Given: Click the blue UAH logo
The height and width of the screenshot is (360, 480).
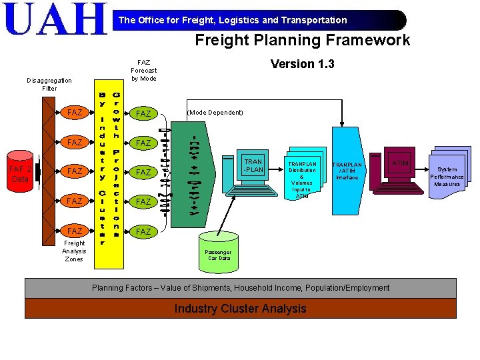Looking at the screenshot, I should pos(55,19).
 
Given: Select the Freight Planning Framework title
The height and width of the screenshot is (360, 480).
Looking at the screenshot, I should pos(302,40).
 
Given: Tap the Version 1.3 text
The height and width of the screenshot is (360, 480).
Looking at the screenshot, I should pos(302,64).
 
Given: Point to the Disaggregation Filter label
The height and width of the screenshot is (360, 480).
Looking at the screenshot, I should pos(49,84).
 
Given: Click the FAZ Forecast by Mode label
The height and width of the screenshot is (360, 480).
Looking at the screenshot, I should pos(143,70).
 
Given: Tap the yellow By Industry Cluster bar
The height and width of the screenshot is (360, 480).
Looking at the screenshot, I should pos(102,166).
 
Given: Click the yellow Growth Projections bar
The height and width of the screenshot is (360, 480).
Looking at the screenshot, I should pos(117,166).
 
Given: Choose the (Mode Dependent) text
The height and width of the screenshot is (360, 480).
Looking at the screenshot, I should pos(215,113).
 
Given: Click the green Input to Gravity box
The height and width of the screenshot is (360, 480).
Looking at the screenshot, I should pos(193,176).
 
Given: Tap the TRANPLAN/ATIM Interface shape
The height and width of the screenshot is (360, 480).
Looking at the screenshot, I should pos(347,171).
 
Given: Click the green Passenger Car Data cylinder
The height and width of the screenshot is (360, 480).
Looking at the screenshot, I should pos(218,252).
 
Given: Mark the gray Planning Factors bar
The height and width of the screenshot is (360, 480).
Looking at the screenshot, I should pos(240,288).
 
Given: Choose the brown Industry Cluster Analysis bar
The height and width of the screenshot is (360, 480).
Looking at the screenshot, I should pos(240,309).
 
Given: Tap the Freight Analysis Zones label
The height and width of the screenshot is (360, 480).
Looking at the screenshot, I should pos(74,251).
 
